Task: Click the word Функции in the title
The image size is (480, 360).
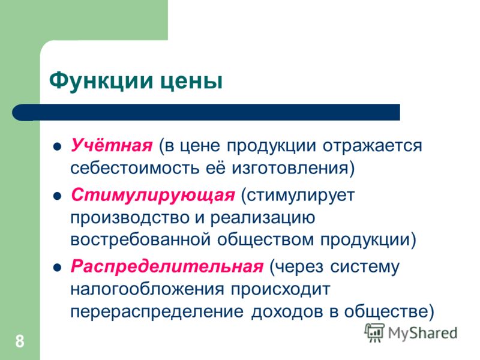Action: pos(101,82)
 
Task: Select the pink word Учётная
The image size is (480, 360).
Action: pos(112,145)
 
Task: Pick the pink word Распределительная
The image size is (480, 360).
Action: pos(167,267)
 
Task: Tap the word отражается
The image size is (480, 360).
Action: pos(372,146)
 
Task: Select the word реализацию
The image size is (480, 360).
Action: pos(263,218)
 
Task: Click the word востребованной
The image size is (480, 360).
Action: pos(140,239)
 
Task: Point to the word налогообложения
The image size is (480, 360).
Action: pos(147,289)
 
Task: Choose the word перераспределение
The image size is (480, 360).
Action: pos(157,312)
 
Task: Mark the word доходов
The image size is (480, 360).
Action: pos(287,311)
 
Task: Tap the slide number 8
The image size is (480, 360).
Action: pos(20,341)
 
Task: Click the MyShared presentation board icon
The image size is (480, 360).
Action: pos(374,332)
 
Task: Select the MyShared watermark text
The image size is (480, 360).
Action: pos(422,334)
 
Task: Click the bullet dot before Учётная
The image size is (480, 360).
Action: pos(57,147)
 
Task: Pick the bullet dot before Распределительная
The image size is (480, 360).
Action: pos(57,268)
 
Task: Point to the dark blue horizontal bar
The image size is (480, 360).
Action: pos(206,112)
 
